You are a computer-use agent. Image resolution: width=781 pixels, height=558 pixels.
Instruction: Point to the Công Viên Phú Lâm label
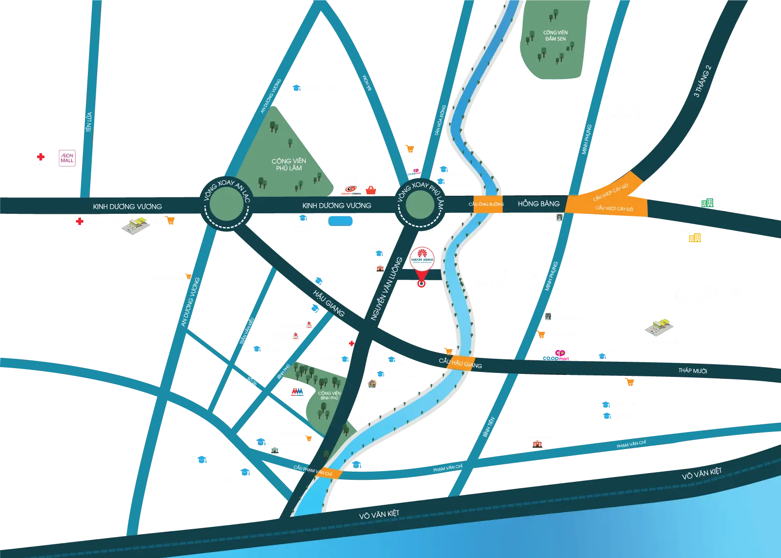point(289,165)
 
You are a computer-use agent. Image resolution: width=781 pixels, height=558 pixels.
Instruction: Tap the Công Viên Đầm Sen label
point(555,36)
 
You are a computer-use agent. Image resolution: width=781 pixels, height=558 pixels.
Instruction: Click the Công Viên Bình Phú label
point(329,395)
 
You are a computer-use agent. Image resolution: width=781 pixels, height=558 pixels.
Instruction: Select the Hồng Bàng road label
point(538,204)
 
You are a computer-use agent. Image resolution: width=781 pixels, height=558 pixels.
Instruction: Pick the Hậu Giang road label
point(329,303)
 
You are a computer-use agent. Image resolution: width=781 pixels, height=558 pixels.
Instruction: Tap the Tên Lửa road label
point(89,122)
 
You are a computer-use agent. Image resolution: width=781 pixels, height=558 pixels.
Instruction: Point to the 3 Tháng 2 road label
point(703,82)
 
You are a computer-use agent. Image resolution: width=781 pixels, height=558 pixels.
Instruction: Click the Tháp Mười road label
point(693,371)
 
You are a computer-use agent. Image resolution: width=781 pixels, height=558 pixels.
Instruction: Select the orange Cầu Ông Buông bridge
point(486,204)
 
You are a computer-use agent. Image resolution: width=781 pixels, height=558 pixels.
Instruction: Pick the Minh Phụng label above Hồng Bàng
point(587,139)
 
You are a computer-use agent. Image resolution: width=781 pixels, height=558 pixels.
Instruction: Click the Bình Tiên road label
point(488,427)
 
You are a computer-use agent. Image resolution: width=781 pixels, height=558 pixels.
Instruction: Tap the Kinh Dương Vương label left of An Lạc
point(127,207)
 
